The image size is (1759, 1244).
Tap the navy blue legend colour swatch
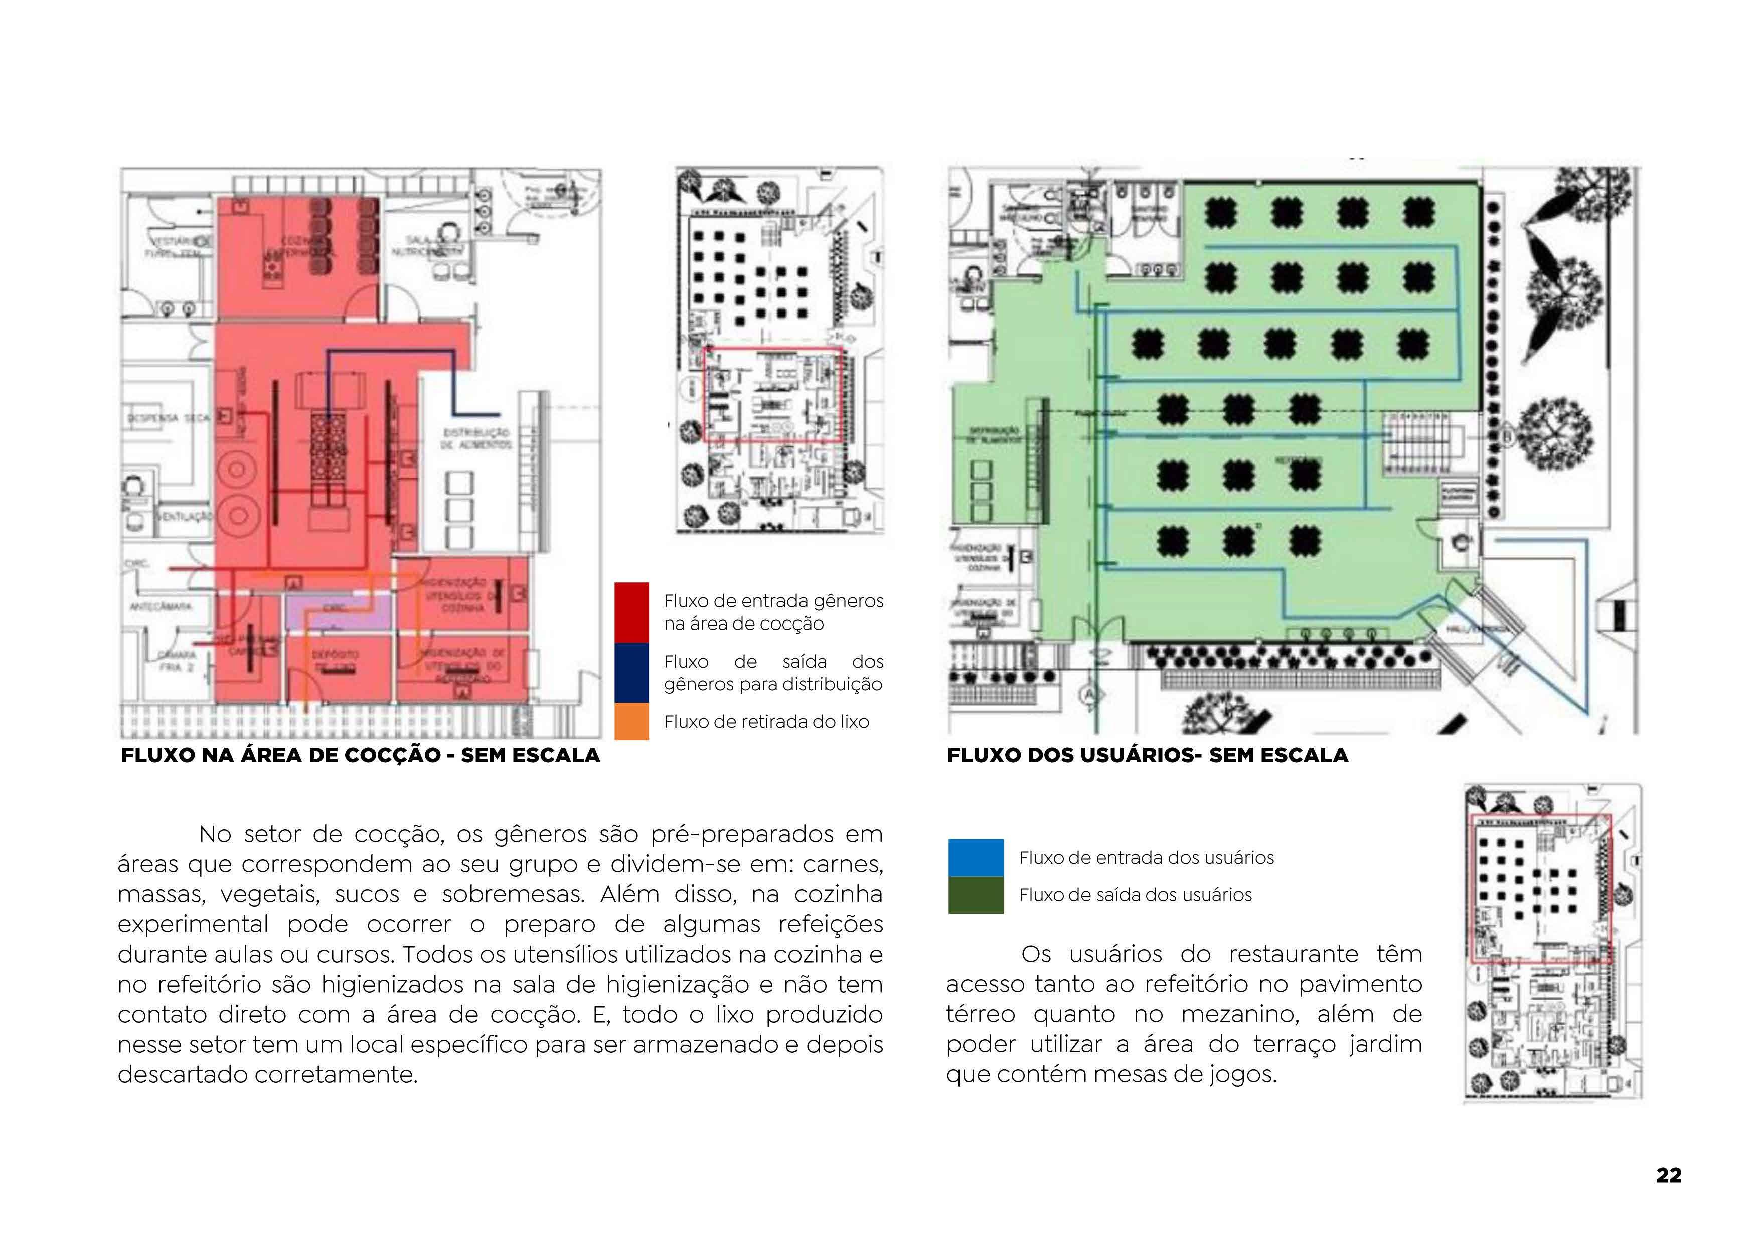click(x=631, y=673)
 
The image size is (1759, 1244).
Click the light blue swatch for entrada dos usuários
click(x=975, y=857)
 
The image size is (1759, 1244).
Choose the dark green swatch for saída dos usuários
click(x=975, y=895)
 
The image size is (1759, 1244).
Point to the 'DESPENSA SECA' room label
click(x=168, y=419)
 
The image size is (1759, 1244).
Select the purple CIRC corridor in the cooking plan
click(x=337, y=612)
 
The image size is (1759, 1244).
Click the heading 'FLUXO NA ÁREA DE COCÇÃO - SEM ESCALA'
click(x=360, y=755)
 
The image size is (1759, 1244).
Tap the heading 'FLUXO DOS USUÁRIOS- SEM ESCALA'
click(x=1147, y=755)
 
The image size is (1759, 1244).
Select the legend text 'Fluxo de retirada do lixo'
click(x=766, y=722)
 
